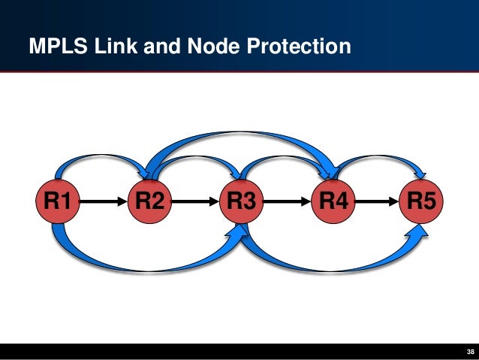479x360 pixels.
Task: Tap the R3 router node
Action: coord(241,201)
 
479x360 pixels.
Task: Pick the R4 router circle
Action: coord(333,201)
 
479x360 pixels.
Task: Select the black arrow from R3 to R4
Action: coord(287,201)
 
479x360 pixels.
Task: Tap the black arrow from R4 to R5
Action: coord(378,201)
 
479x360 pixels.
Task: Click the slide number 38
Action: coord(470,352)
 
